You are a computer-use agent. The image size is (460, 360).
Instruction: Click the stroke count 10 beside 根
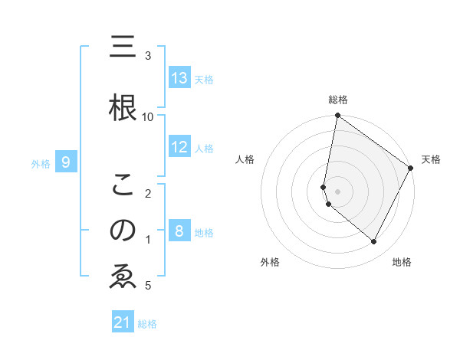pyautogui.click(x=148, y=116)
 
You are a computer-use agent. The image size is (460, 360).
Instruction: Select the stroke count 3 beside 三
pyautogui.click(x=148, y=56)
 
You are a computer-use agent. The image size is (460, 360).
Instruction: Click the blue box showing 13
pyautogui.click(x=179, y=78)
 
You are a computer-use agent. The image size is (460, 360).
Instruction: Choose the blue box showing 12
pyautogui.click(x=179, y=147)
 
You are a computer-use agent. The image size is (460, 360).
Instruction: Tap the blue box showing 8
pyautogui.click(x=179, y=231)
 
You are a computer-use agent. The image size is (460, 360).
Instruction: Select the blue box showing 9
pyautogui.click(x=66, y=162)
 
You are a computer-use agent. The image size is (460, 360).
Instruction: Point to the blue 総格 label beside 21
pyautogui.click(x=147, y=324)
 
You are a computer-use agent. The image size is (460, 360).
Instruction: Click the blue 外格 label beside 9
pyautogui.click(x=41, y=163)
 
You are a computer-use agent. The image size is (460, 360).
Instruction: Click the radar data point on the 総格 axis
pyautogui.click(x=337, y=116)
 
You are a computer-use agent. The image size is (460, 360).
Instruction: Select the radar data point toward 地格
pyautogui.click(x=373, y=241)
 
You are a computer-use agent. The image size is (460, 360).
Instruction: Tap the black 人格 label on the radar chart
pyautogui.click(x=245, y=159)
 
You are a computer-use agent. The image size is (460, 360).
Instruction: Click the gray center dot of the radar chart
pyautogui.click(x=337, y=191)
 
